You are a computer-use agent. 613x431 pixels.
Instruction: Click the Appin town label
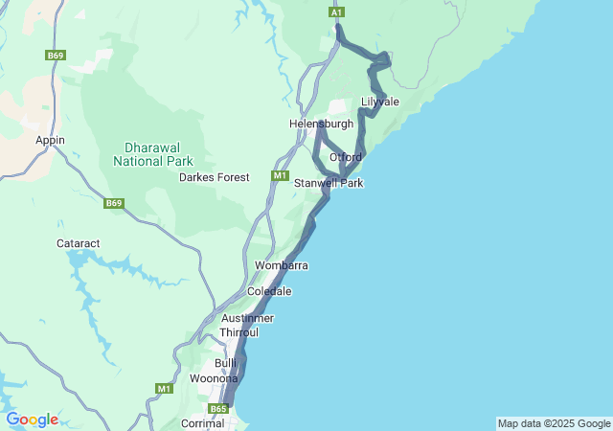[50, 140]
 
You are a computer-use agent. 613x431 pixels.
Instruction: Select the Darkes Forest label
[215, 177]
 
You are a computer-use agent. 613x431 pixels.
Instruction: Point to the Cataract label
[79, 244]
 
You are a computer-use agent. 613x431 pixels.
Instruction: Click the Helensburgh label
[322, 124]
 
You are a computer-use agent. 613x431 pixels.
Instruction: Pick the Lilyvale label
[380, 102]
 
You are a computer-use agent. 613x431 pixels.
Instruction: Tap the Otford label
[346, 157]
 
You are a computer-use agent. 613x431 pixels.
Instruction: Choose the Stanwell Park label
[329, 183]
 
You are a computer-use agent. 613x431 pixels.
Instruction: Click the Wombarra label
[282, 264]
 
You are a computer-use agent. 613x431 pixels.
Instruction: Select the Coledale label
[269, 290]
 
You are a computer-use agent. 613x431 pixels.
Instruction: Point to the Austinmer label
[247, 318]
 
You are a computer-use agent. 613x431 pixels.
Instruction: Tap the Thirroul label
[239, 332]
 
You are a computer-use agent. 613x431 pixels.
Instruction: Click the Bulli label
[226, 363]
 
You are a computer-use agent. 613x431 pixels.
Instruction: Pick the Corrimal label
[202, 422]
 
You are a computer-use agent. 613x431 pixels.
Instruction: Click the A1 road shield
[337, 11]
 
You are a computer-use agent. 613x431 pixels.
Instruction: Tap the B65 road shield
[218, 409]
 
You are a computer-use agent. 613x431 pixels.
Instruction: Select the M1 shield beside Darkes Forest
[280, 175]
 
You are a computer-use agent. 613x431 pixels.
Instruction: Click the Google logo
[32, 420]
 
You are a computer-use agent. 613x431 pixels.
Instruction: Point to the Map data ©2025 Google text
[554, 423]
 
